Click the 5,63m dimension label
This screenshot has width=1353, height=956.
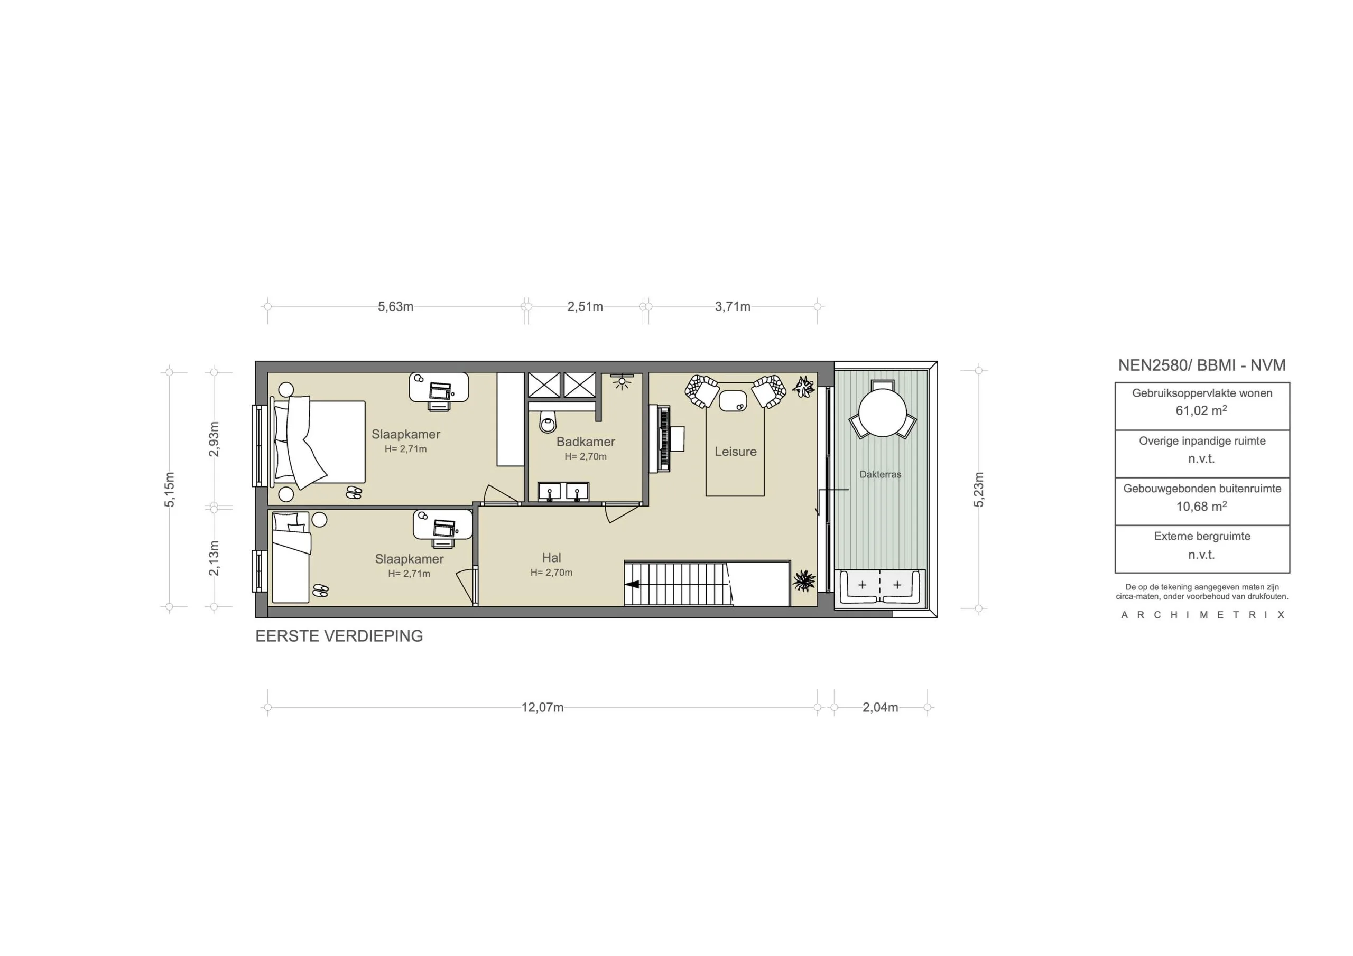coord(395,307)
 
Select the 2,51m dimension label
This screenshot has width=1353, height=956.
coord(585,307)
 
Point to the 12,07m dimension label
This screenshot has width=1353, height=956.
coord(542,707)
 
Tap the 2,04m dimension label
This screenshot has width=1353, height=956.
coord(881,707)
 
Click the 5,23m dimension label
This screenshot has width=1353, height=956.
coord(979,490)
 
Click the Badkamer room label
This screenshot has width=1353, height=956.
coord(586,442)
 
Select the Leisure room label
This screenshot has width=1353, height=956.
coord(735,452)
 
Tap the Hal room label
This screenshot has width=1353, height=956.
coord(552,558)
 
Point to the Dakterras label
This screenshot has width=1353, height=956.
coord(881,474)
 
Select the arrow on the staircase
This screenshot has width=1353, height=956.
coord(633,585)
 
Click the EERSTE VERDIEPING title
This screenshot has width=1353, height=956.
coord(339,636)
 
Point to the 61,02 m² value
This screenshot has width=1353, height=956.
coord(1201,410)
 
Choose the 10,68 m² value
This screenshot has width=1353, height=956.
coord(1201,507)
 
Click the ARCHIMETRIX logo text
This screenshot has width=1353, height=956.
coord(1202,615)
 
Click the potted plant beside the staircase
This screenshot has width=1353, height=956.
coord(803,581)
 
